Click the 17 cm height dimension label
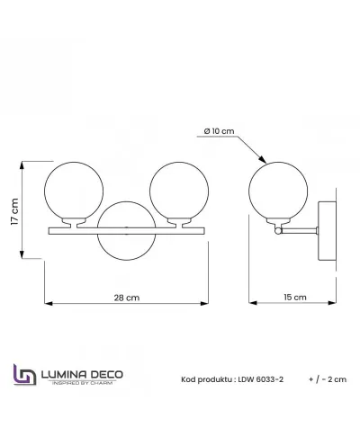[x=14, y=211]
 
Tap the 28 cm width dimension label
[x=127, y=298]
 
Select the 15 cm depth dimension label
[x=295, y=298]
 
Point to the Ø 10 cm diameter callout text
[x=219, y=131]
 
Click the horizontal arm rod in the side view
[x=299, y=230]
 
